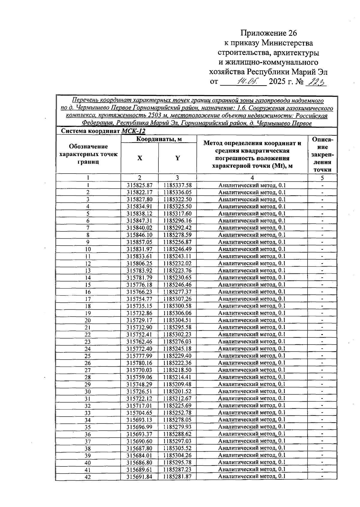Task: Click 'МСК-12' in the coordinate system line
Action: (133, 131)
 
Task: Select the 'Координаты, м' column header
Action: (159, 139)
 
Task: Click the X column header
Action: (139, 158)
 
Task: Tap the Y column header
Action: (178, 158)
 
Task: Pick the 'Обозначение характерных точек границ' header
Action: (88, 154)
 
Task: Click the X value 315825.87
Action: (139, 185)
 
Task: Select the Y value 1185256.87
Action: (177, 242)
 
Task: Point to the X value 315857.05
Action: (139, 242)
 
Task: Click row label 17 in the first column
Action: (88, 299)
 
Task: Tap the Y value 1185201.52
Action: (177, 391)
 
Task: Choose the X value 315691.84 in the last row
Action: (139, 477)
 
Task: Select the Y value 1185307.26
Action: (177, 299)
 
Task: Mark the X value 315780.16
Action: (139, 363)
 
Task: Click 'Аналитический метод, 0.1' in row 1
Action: (252, 185)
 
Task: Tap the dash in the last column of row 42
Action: (322, 477)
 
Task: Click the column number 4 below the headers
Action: (252, 178)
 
